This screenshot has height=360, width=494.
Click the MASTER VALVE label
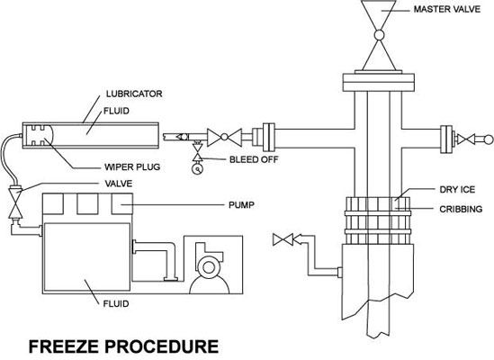pyautogui.click(x=446, y=10)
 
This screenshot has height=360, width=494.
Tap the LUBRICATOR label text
pyautogui.click(x=134, y=94)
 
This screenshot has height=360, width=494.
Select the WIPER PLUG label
pyautogui.click(x=132, y=166)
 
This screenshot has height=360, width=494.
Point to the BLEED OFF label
pyautogui.click(x=254, y=159)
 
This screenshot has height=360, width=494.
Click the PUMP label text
pyautogui.click(x=241, y=205)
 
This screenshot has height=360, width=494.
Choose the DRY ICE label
pyautogui.click(x=457, y=190)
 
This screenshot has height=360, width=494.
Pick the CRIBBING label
pyautogui.click(x=461, y=209)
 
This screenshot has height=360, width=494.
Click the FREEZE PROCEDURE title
pyautogui.click(x=123, y=346)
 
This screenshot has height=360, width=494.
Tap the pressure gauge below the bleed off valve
pyautogui.click(x=198, y=169)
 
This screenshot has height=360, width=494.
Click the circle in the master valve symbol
pyautogui.click(x=379, y=35)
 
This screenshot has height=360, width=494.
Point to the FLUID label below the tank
pyautogui.click(x=116, y=304)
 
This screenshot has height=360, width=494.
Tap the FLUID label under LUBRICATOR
pyautogui.click(x=116, y=111)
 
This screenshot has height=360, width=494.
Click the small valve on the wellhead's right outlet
pyautogui.click(x=465, y=139)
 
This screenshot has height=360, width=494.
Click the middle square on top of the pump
pyautogui.click(x=87, y=204)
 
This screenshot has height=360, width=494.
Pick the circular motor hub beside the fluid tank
pyautogui.click(x=208, y=267)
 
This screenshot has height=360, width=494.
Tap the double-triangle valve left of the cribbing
pyautogui.click(x=283, y=239)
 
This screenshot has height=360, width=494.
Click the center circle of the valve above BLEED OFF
pyautogui.click(x=224, y=137)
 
